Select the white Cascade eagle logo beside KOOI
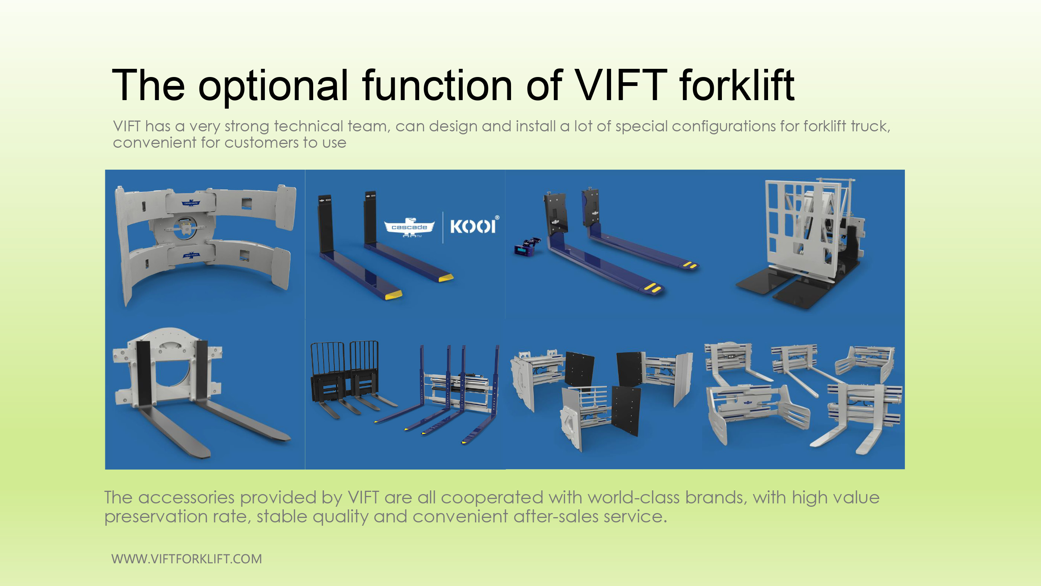[409, 227]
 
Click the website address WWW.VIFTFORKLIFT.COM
[186, 558]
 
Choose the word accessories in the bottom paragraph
[186, 497]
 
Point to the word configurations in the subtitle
[723, 126]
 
